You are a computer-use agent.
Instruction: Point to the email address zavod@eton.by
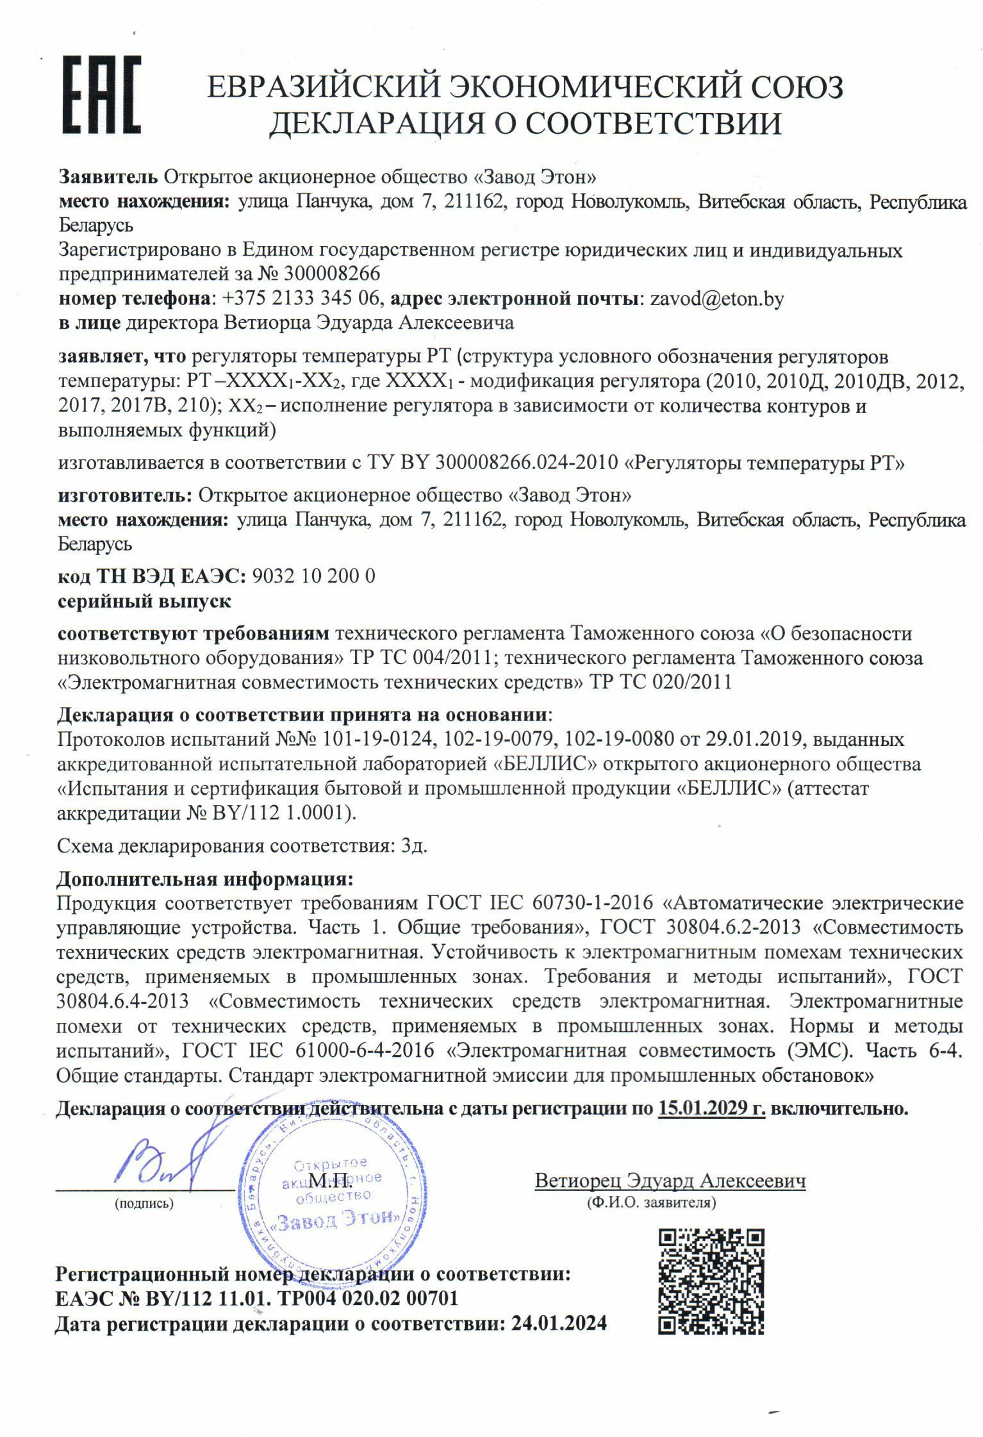(x=716, y=299)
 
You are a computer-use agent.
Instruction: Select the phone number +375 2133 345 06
(x=302, y=299)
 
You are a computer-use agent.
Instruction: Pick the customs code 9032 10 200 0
(x=314, y=576)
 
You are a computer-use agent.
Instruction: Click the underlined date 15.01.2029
(x=711, y=1108)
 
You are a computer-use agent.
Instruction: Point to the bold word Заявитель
(x=108, y=176)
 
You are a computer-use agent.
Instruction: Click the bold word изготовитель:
(x=125, y=495)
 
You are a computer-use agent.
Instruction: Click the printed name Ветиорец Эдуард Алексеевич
(x=670, y=1180)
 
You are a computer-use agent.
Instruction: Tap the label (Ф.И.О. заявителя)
(x=651, y=1202)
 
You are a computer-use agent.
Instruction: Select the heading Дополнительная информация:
(x=205, y=878)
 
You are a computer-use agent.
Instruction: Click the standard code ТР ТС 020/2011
(x=660, y=681)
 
